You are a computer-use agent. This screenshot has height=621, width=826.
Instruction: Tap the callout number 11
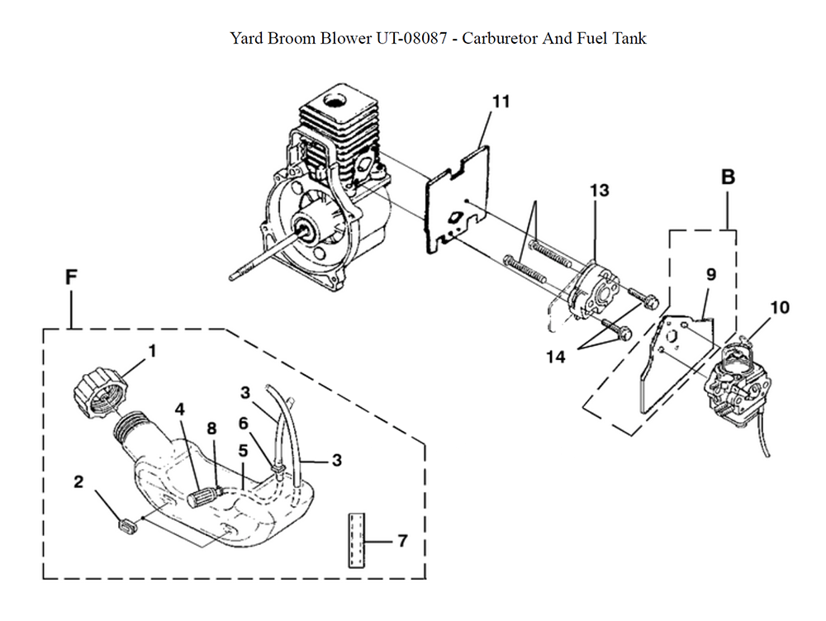click(x=501, y=102)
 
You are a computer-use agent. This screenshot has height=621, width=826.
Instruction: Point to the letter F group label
click(x=71, y=277)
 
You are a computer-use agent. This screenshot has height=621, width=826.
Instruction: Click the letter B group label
click(x=728, y=177)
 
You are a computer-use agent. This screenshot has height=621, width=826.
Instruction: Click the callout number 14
click(x=556, y=357)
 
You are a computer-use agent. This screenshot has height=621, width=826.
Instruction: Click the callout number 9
click(x=710, y=274)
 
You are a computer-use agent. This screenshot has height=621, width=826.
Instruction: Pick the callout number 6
click(x=244, y=422)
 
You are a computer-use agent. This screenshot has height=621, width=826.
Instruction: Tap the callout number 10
click(x=779, y=308)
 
